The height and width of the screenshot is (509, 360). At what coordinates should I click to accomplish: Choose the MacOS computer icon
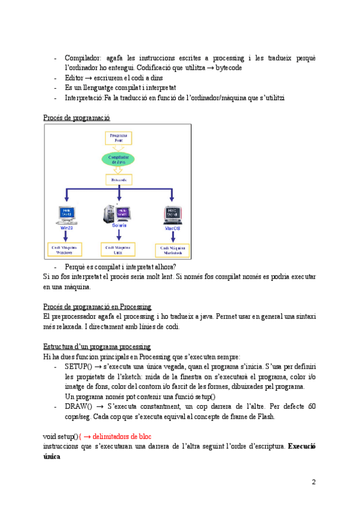pos(173,215)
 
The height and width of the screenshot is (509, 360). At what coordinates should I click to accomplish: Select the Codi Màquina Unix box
pos(119,250)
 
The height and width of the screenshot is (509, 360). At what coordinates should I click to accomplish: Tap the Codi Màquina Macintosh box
pos(173,250)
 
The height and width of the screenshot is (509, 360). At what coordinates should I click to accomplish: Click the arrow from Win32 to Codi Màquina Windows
pos(65,236)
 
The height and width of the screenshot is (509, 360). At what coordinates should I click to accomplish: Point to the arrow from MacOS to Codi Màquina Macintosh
pos(173,237)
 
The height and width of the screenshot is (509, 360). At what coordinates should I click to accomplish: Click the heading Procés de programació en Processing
pos(97,307)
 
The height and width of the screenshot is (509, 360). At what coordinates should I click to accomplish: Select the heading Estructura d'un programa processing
pos(97,347)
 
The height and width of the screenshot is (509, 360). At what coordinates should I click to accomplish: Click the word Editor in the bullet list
pos(74,77)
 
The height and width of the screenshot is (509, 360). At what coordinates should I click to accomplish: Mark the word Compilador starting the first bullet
pos(83,58)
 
